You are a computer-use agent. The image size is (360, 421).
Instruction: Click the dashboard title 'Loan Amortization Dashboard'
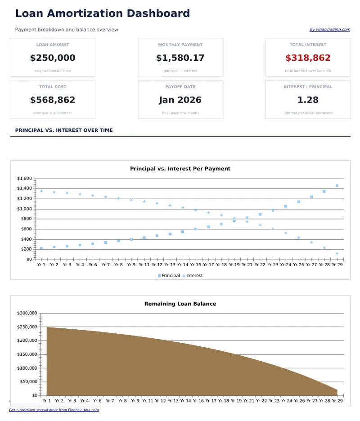pyautogui.click(x=102, y=13)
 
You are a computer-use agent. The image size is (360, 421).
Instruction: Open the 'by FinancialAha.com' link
pyautogui.click(x=329, y=30)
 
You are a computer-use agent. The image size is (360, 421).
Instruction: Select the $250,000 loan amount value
pyautogui.click(x=53, y=58)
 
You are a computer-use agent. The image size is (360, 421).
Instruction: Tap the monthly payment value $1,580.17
pyautogui.click(x=180, y=58)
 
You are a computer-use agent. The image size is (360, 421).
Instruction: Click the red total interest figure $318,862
pyautogui.click(x=308, y=58)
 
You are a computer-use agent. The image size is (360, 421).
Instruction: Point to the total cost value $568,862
pyautogui.click(x=53, y=100)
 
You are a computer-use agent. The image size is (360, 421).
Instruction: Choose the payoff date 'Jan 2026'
pyautogui.click(x=180, y=100)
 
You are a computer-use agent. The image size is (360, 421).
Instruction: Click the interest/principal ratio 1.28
pyautogui.click(x=308, y=100)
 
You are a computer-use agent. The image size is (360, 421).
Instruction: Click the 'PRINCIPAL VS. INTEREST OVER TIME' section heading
pyautogui.click(x=64, y=130)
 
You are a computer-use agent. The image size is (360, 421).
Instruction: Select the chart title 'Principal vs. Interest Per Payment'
pyautogui.click(x=180, y=169)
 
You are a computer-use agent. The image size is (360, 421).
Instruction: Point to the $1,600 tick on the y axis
pyautogui.click(x=24, y=179)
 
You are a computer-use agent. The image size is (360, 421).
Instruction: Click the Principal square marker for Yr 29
pyautogui.click(x=337, y=186)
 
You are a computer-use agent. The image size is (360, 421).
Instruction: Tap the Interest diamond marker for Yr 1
pyautogui.click(x=41, y=191)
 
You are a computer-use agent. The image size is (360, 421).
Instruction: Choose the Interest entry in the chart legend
pyautogui.click(x=194, y=276)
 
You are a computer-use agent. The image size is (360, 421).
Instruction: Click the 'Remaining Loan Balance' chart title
pyautogui.click(x=180, y=304)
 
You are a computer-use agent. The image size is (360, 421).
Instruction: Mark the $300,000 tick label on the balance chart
pyautogui.click(x=28, y=313)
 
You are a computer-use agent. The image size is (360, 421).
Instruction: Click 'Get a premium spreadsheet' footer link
pyautogui.click(x=54, y=410)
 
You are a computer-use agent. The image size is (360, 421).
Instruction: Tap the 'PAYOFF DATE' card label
pyautogui.click(x=180, y=87)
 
